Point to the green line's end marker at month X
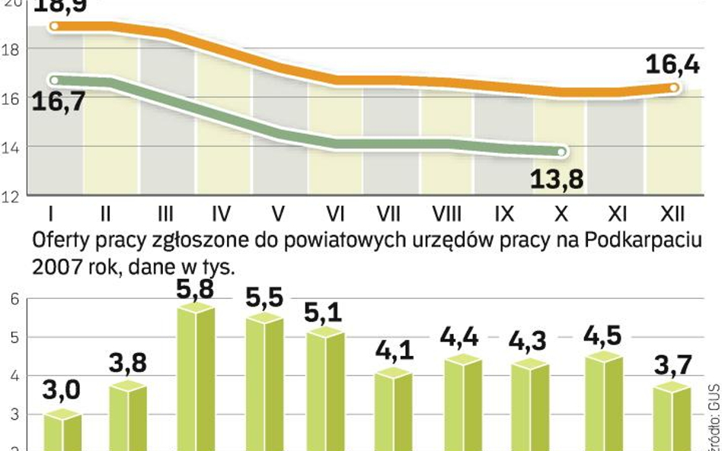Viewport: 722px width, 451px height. pos(562,152)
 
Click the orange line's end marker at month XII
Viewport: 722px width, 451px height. pos(674,87)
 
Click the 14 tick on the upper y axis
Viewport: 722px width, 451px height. pos(15,147)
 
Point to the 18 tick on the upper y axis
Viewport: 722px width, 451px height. pos(15,49)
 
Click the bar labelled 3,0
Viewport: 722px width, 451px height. pos(62,430)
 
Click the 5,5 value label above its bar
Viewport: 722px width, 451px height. pos(264,298)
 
